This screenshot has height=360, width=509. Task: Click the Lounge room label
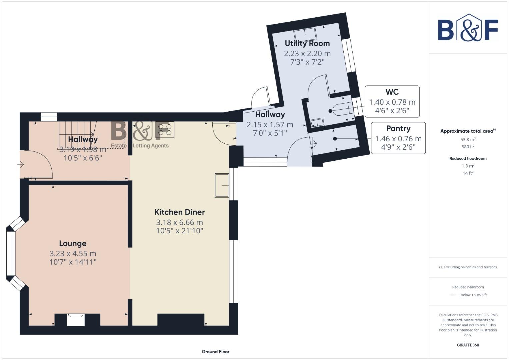click(x=73, y=244)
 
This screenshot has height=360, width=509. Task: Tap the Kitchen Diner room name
click(x=179, y=212)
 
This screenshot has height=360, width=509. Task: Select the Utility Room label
click(x=307, y=43)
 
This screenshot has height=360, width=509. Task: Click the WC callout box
click(x=392, y=101)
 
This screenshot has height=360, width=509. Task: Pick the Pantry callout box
click(x=398, y=138)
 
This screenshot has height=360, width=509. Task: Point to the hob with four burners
click(x=165, y=130)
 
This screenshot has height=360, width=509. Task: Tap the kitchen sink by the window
click(x=222, y=185)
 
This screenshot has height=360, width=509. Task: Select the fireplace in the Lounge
click(x=76, y=320)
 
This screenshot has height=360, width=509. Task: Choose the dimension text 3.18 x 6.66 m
click(x=179, y=222)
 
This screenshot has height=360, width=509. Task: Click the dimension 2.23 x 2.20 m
click(x=307, y=53)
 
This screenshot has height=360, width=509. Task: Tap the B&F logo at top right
click(x=468, y=28)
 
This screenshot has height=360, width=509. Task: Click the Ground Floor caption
click(x=215, y=351)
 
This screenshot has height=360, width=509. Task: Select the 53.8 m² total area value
click(x=468, y=140)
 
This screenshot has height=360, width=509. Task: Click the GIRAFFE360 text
click(x=468, y=345)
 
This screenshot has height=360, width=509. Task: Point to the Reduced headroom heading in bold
click(x=468, y=158)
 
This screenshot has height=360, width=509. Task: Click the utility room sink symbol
click(x=305, y=34)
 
